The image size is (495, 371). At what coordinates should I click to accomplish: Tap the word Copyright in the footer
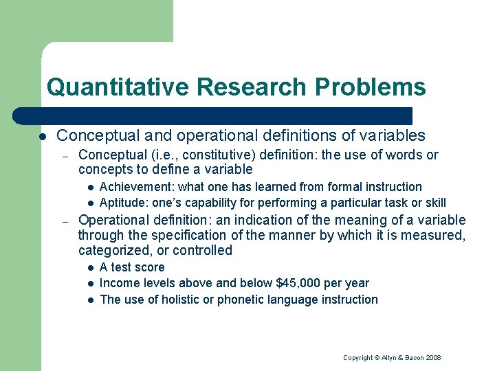(357, 358)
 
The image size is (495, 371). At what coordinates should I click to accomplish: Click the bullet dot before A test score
(89, 267)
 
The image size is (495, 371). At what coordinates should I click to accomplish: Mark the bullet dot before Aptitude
(89, 203)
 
